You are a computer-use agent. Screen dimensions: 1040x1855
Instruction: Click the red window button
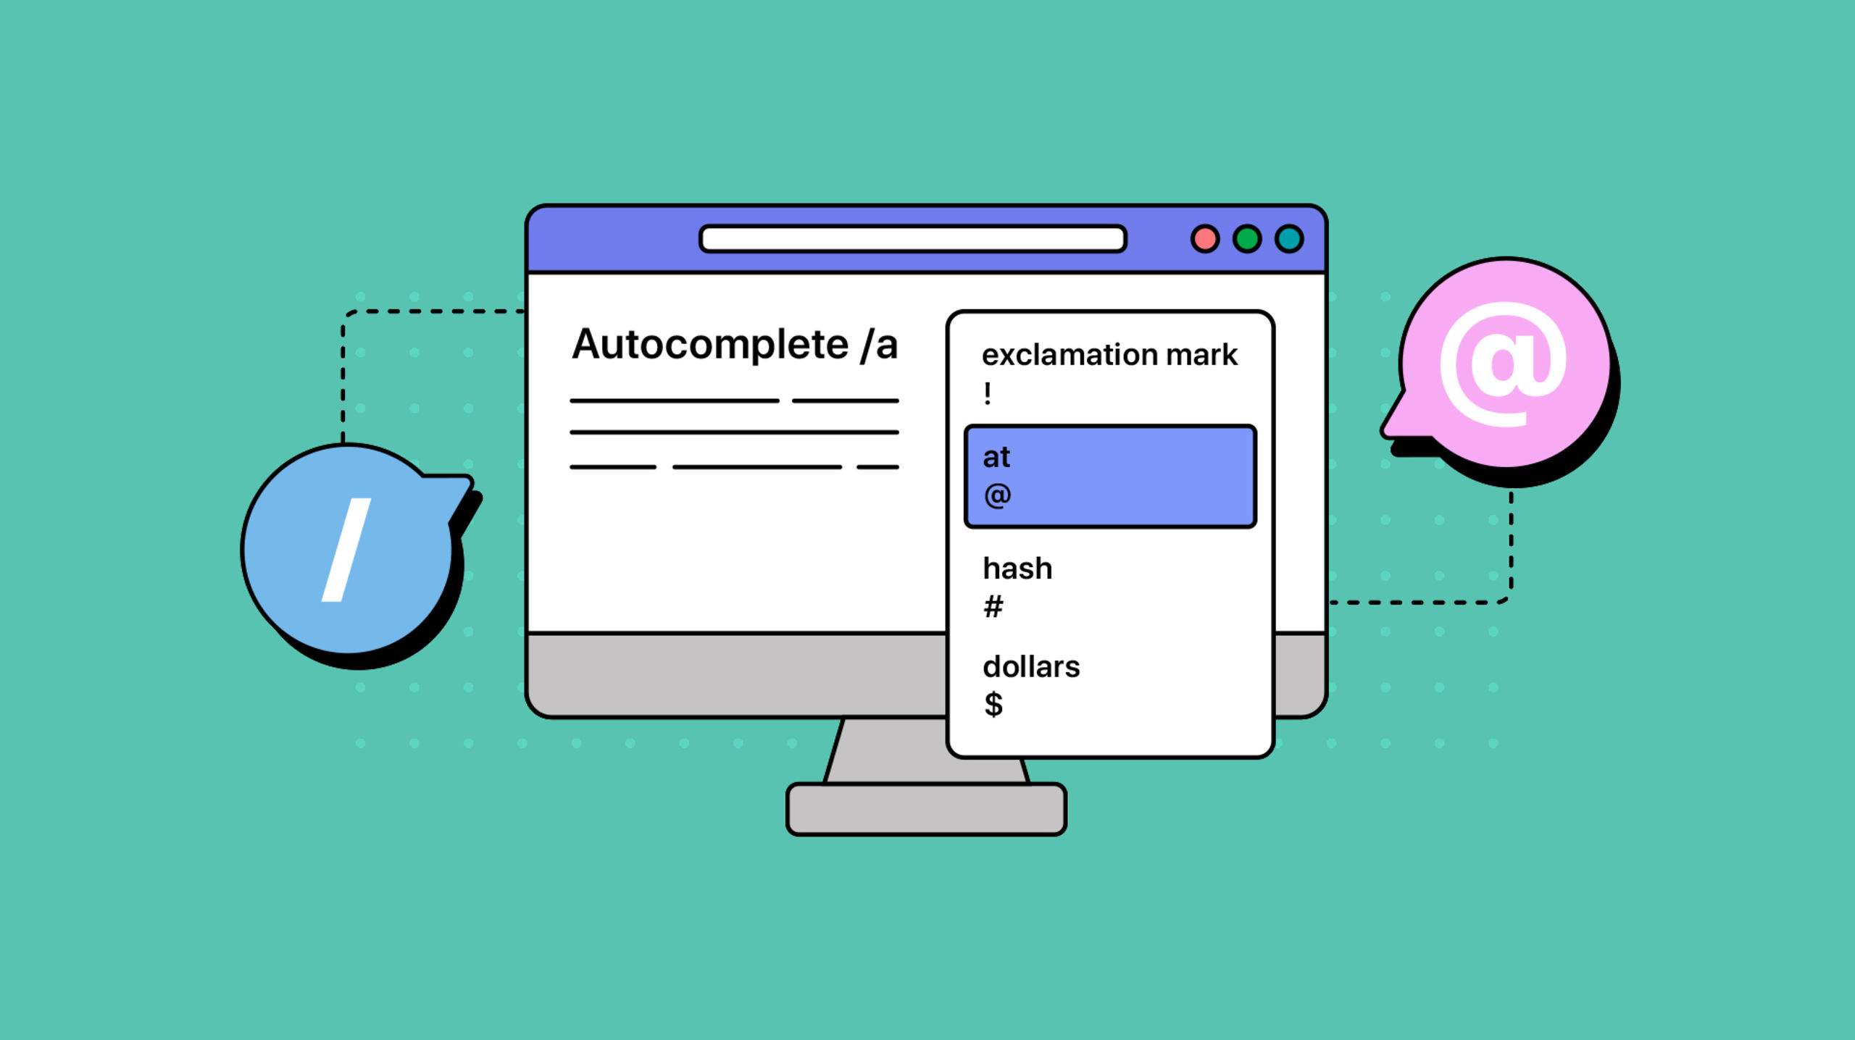[x=1204, y=239]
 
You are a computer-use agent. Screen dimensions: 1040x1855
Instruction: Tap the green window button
[x=1247, y=239]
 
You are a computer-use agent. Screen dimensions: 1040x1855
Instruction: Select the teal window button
[x=1289, y=239]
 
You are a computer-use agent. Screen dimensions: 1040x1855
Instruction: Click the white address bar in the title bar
[x=912, y=239]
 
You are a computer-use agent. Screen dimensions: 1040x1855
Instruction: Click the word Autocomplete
[x=709, y=345]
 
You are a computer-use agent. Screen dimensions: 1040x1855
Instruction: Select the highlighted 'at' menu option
[x=1110, y=476]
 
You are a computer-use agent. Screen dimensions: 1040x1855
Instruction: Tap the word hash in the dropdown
[x=1017, y=569]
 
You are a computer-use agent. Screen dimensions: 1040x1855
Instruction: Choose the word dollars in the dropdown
[x=1031, y=667]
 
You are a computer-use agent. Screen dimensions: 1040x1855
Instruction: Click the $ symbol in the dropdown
[x=993, y=704]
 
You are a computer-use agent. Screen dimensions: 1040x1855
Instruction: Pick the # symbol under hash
[x=993, y=606]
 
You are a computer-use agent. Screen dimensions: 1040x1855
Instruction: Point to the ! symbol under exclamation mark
[x=988, y=394]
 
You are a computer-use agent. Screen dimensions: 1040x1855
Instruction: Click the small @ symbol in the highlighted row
[x=997, y=495]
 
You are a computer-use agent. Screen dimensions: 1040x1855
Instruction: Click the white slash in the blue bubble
[x=346, y=550]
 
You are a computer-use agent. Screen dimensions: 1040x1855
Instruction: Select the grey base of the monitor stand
[x=926, y=809]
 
